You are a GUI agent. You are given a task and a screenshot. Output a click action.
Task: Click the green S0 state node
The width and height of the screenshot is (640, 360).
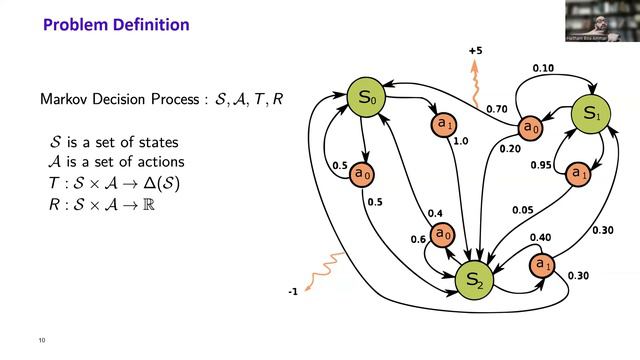pyautogui.click(x=366, y=99)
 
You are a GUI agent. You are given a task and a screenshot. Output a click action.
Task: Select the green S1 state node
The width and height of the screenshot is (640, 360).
pyautogui.click(x=590, y=115)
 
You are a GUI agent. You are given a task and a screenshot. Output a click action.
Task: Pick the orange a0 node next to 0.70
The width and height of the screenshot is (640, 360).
pyautogui.click(x=530, y=127)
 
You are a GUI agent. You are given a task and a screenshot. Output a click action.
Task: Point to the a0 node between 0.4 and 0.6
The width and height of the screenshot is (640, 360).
pyautogui.click(x=442, y=234)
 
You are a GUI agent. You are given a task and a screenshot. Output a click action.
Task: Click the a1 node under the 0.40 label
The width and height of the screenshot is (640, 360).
pyautogui.click(x=541, y=265)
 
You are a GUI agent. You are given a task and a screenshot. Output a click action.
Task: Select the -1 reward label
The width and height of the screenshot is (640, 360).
pyautogui.click(x=292, y=292)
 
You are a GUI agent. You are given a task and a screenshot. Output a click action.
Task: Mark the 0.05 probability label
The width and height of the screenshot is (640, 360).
pyautogui.click(x=522, y=210)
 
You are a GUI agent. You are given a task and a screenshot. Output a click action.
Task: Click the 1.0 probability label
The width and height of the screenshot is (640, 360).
pyautogui.click(x=461, y=141)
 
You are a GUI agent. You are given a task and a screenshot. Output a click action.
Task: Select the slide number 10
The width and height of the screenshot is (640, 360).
pyautogui.click(x=41, y=339)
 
